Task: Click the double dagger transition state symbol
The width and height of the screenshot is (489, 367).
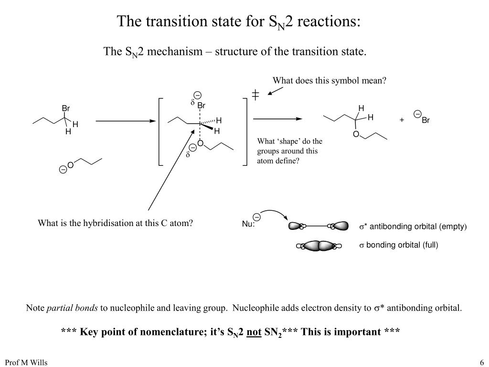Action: [255, 95]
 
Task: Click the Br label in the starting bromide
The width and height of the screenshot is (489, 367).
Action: [66, 108]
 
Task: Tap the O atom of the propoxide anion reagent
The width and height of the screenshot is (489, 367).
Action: [70, 165]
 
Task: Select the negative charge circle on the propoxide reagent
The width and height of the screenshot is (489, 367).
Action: [63, 170]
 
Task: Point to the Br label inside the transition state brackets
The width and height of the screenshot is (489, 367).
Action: [201, 106]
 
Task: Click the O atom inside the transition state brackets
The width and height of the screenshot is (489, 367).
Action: [200, 143]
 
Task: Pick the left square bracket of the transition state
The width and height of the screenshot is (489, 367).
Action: [160, 131]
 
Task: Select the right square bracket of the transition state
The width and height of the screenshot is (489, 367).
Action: [245, 131]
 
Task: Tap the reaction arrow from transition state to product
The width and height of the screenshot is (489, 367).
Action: [277, 119]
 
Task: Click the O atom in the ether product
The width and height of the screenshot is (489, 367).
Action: [356, 134]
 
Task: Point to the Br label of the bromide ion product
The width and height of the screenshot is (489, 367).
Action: [425, 120]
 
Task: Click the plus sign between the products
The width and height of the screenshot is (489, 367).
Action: [402, 120]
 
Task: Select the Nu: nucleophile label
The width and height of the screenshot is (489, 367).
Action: [248, 225]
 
